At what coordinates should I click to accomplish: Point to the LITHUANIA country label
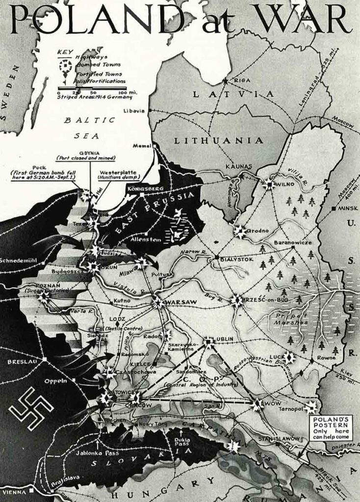coord(219,140)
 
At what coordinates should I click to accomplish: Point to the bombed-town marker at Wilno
coord(269,185)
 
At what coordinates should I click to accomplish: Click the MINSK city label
coord(348,208)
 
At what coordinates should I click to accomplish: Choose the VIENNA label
coord(14,492)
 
